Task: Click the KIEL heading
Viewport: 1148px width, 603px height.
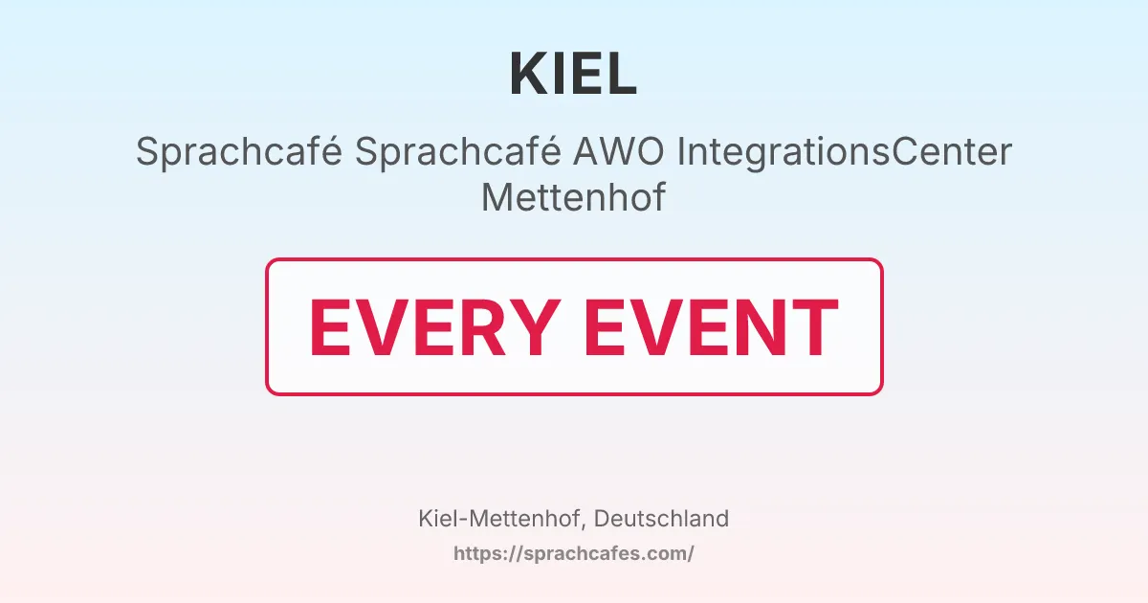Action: [573, 74]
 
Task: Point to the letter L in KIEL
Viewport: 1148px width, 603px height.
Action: [622, 74]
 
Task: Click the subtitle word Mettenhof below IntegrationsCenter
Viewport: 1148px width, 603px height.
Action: [573, 197]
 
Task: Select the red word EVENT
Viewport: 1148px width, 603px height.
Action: [712, 327]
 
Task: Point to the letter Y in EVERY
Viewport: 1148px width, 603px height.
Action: [534, 327]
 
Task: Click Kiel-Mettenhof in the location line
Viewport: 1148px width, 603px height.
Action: [502, 519]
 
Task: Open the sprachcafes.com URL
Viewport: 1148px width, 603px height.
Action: [573, 553]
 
